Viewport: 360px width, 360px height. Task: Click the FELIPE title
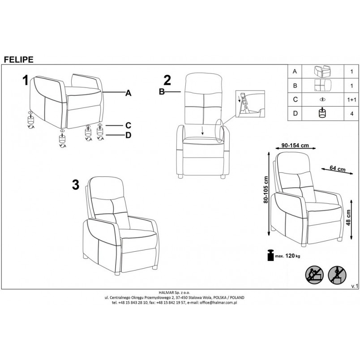pyautogui.click(x=19, y=60)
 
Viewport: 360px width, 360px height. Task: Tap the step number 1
pyautogui.click(x=26, y=81)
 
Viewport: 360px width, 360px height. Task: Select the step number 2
pyautogui.click(x=167, y=81)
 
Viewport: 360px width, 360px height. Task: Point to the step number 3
pyautogui.click(x=76, y=185)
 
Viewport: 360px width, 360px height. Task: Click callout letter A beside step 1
pyautogui.click(x=129, y=93)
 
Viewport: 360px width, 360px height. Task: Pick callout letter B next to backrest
pyautogui.click(x=162, y=92)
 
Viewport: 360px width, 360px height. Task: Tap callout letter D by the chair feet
pyautogui.click(x=129, y=135)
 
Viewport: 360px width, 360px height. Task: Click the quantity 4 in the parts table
pyautogui.click(x=352, y=114)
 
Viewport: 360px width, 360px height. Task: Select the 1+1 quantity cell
pyautogui.click(x=352, y=100)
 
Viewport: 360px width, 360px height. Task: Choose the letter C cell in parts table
pyautogui.click(x=295, y=99)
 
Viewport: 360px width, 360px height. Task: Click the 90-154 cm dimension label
pyautogui.click(x=295, y=146)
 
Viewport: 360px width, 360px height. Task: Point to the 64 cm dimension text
pyautogui.click(x=338, y=168)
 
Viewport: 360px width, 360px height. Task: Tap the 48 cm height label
pyautogui.click(x=348, y=218)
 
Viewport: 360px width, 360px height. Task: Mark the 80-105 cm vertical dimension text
pyautogui.click(x=266, y=190)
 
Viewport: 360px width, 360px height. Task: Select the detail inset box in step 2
pyautogui.click(x=250, y=104)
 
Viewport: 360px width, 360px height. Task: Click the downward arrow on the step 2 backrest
pyautogui.click(x=202, y=130)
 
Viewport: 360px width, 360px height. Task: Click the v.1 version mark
pyautogui.click(x=355, y=286)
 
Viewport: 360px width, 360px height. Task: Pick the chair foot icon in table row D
pyautogui.click(x=322, y=113)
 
